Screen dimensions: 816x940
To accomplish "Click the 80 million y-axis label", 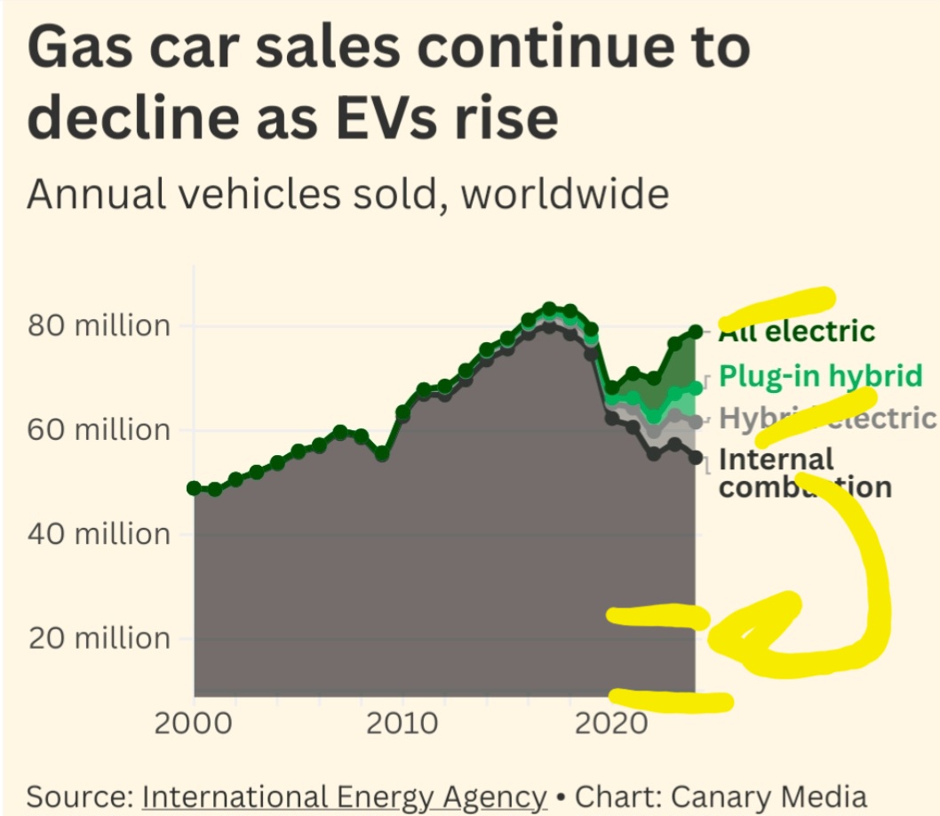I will point(98,325).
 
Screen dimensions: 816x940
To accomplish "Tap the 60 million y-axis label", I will point(98,429).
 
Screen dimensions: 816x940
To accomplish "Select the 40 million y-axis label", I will point(98,533).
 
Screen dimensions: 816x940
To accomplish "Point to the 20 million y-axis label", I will point(98,638).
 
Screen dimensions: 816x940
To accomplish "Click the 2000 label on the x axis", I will point(195,723).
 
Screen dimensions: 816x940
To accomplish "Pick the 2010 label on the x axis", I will point(403,723).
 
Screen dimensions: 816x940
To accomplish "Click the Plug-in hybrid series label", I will point(820,376).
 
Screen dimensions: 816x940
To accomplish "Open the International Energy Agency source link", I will point(344,796).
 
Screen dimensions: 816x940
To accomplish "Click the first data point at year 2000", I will point(195,488).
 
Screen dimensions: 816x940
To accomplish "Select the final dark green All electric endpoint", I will point(695,332).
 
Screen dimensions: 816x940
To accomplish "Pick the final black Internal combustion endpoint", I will point(695,458).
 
